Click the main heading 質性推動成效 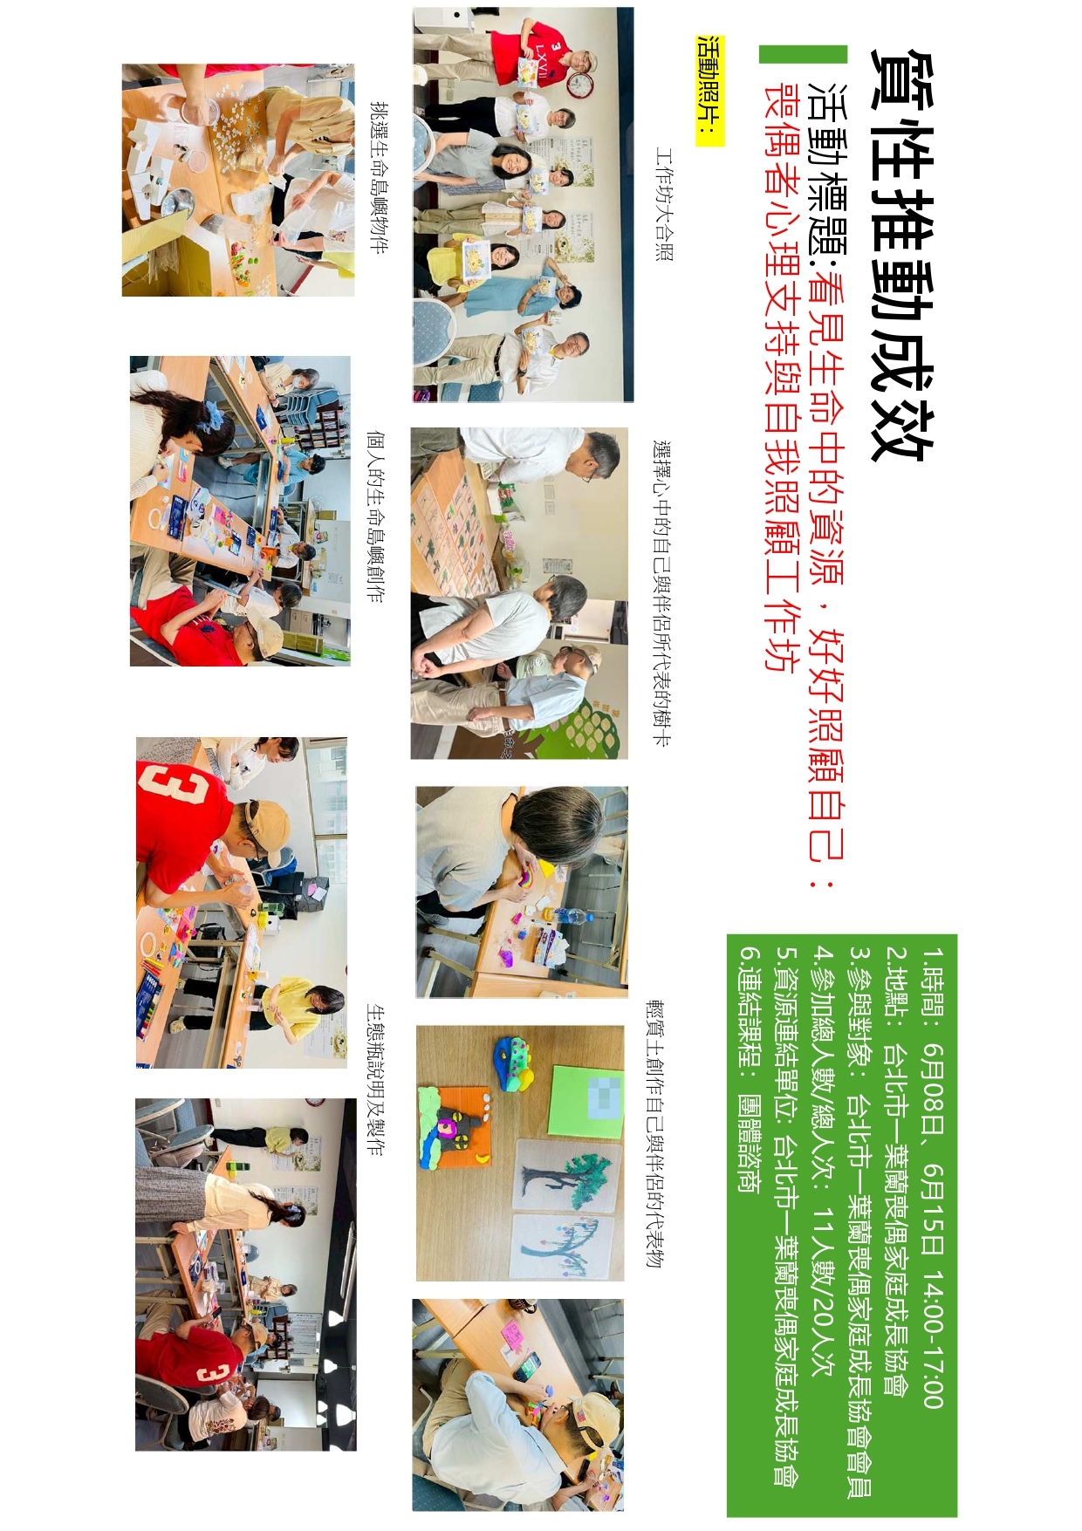[x=902, y=254]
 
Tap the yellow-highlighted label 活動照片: [x=710, y=91]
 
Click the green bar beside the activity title [x=803, y=54]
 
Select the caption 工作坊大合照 [x=665, y=205]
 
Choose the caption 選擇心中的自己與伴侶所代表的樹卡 [x=662, y=593]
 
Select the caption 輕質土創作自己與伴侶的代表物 [x=654, y=1134]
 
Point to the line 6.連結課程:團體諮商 [x=749, y=1069]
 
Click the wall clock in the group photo [x=579, y=85]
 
